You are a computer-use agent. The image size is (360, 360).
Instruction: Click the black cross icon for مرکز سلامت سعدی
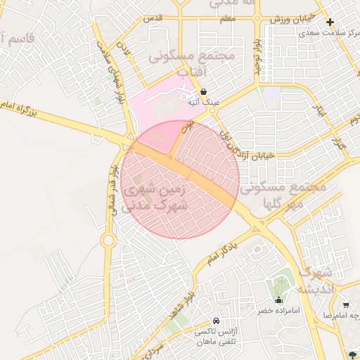[330, 22]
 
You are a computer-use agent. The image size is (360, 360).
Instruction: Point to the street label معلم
[226, 19]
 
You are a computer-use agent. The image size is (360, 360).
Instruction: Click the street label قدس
[153, 17]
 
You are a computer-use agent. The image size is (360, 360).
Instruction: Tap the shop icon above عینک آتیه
[203, 91]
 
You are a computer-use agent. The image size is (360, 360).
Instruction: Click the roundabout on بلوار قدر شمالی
[108, 241]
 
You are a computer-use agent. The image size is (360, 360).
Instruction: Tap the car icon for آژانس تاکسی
[225, 320]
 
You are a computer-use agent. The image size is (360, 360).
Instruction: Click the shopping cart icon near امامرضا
[346, 304]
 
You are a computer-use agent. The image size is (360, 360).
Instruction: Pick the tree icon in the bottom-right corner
[351, 353]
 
